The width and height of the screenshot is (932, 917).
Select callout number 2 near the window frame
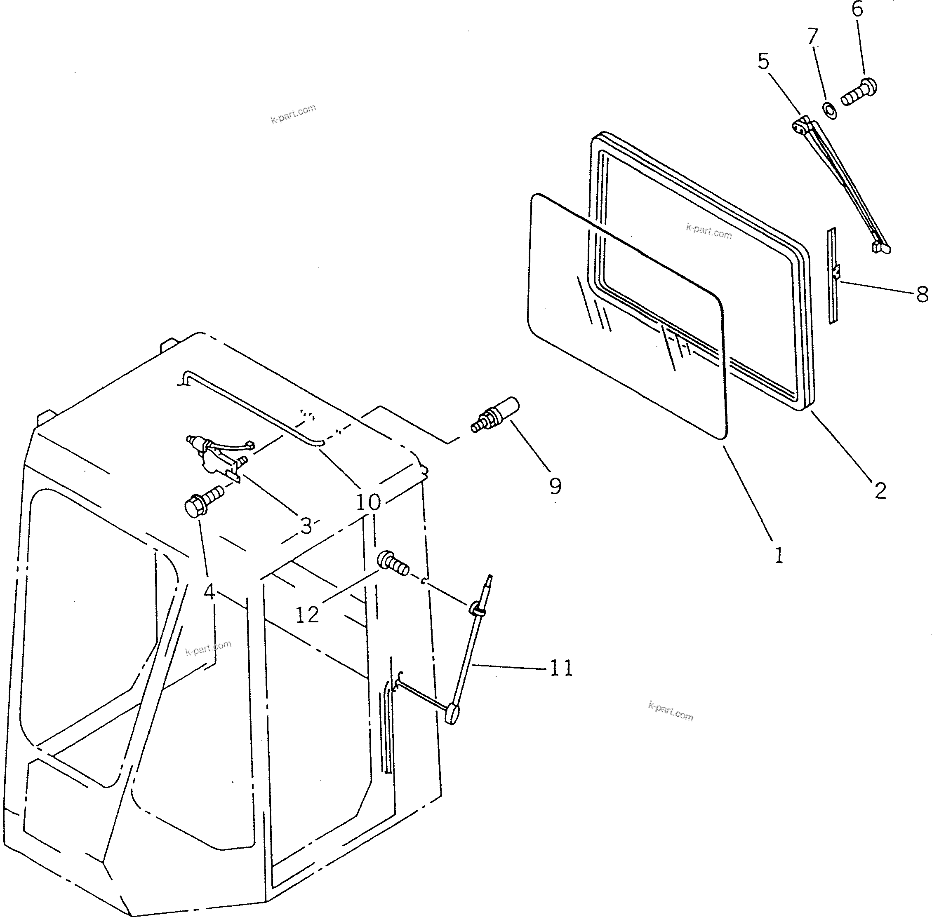click(x=880, y=491)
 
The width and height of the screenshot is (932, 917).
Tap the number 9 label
click(x=555, y=486)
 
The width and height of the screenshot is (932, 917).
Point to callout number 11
click(x=561, y=668)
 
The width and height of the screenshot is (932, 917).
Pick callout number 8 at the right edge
click(x=922, y=294)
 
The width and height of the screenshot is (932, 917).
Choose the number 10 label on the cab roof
click(x=368, y=503)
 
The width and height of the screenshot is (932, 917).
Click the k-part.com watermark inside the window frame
click(x=708, y=232)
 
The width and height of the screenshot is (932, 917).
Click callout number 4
click(x=209, y=592)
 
